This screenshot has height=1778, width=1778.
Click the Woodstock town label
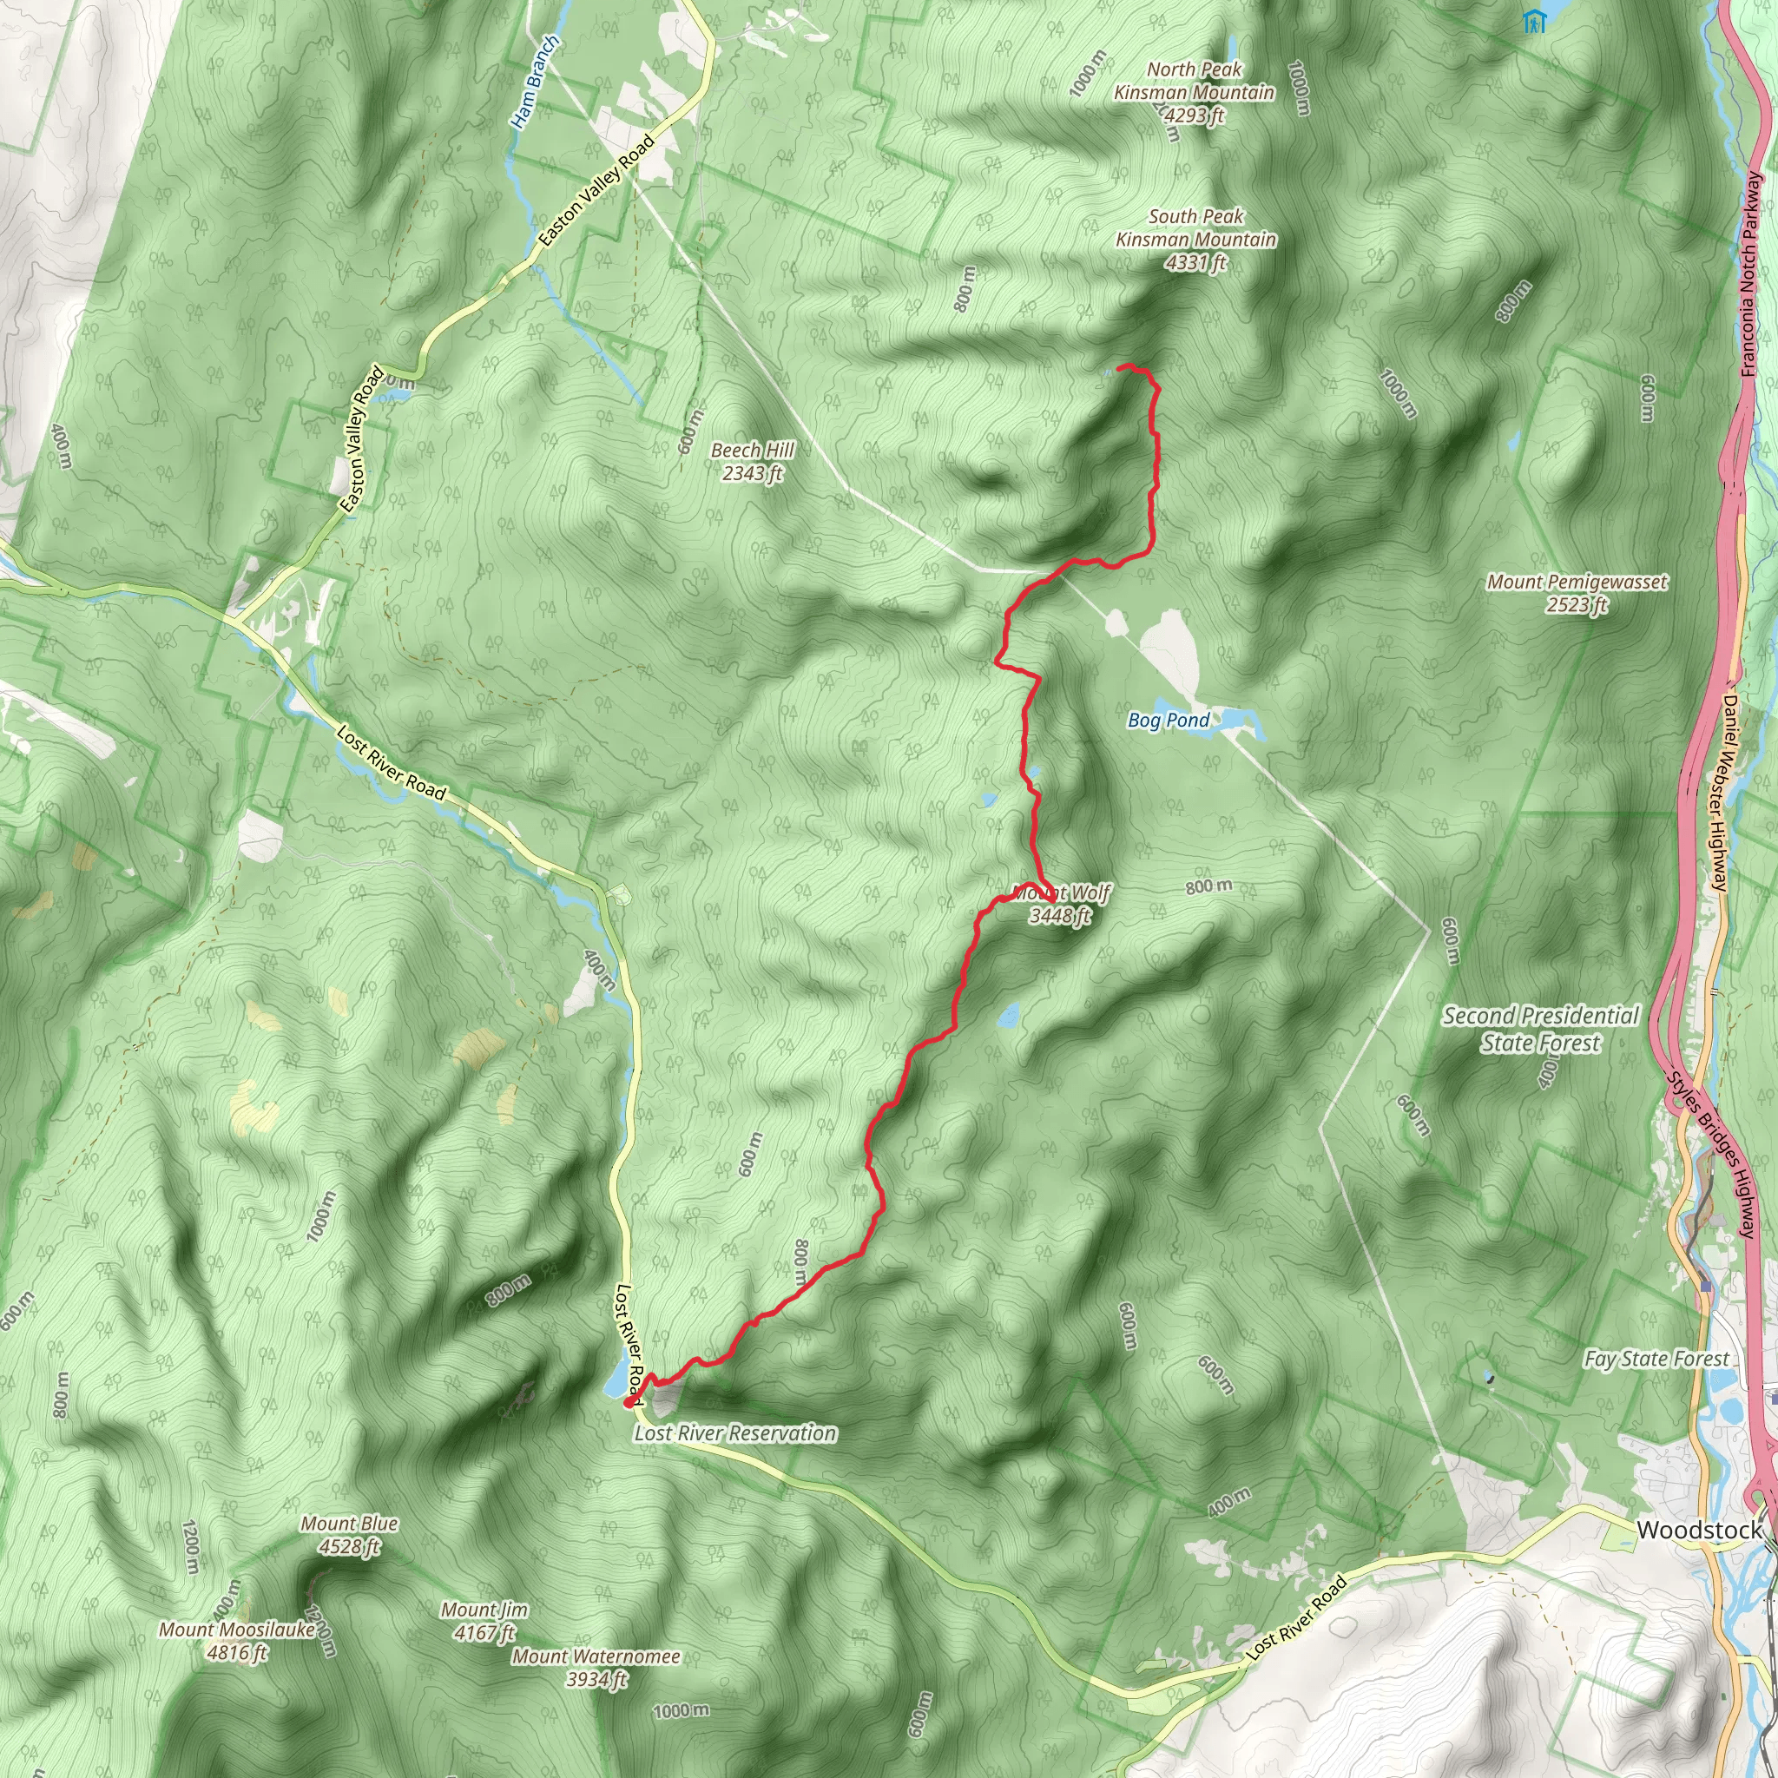tap(1699, 1530)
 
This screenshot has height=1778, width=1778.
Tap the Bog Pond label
tap(1168, 720)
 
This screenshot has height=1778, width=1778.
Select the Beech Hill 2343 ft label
tap(752, 461)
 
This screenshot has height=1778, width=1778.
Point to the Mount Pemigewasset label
tap(1577, 593)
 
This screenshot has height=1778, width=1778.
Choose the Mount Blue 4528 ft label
tap(349, 1534)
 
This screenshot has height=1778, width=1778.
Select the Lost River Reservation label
tap(735, 1432)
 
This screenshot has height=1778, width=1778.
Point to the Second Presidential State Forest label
tap(1541, 1029)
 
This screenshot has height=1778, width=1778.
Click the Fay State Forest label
tap(1656, 1359)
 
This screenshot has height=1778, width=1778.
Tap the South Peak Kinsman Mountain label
tap(1195, 240)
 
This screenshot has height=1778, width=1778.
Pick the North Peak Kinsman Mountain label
tap(1194, 92)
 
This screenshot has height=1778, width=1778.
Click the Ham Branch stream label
tap(535, 82)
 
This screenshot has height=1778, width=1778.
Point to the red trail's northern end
tap(1120, 368)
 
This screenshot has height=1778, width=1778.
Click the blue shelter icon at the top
tap(1533, 21)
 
